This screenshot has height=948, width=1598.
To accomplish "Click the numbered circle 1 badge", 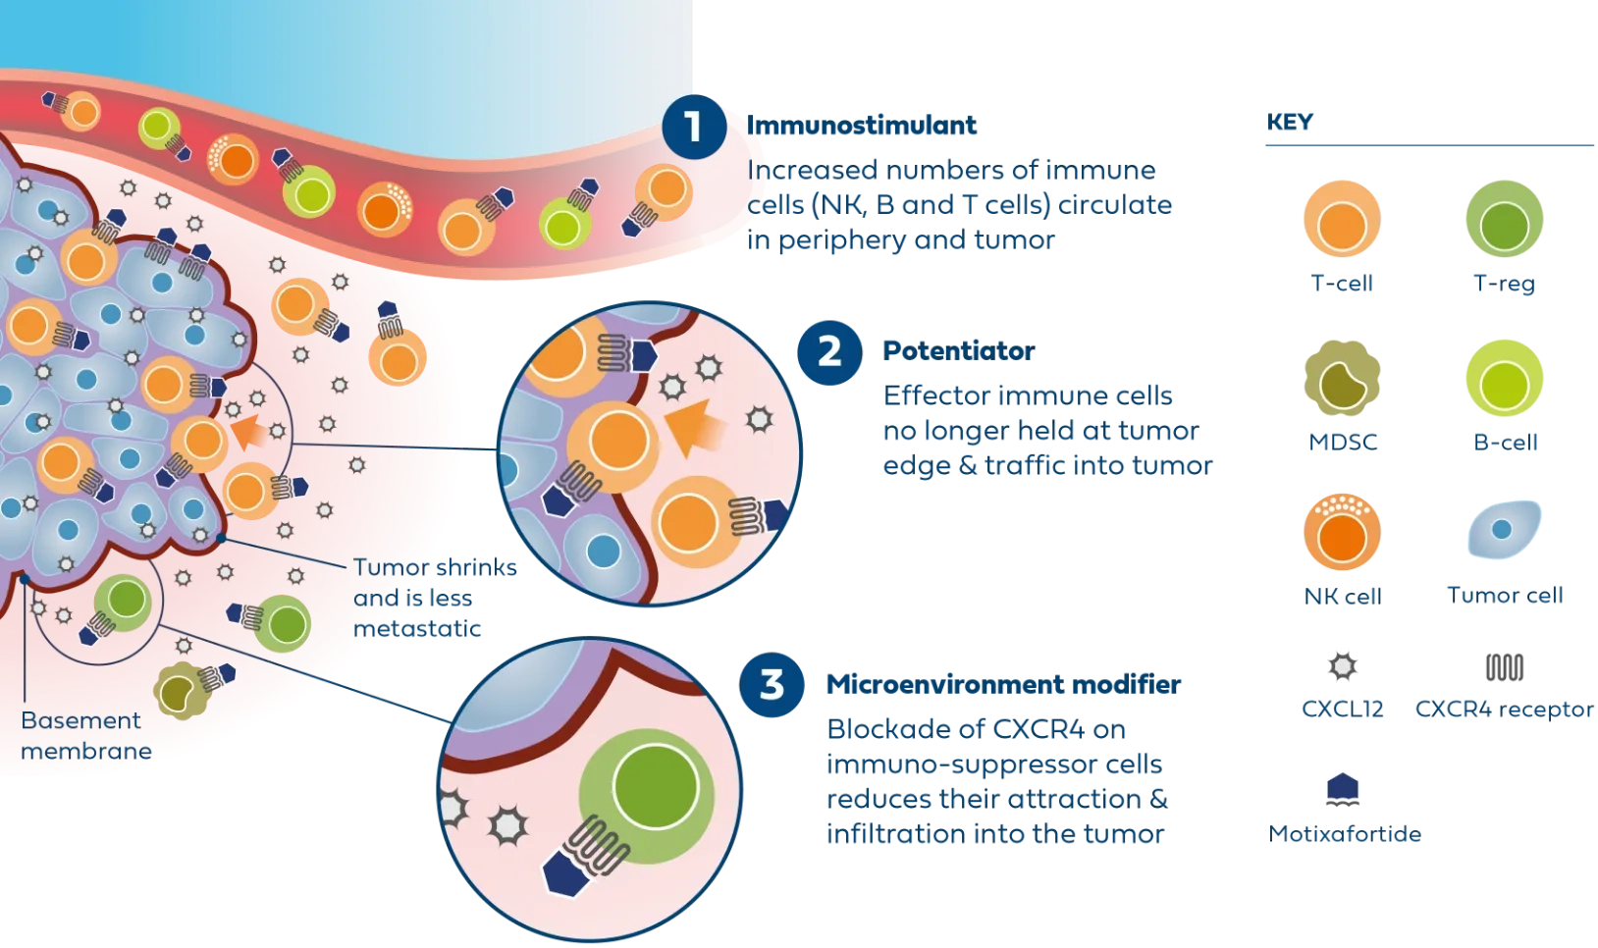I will tap(694, 127).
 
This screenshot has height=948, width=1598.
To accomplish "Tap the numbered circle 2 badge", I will tap(829, 351).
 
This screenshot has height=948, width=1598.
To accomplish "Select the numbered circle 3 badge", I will tap(772, 684).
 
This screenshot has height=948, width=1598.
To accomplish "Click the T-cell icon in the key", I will tap(1341, 220).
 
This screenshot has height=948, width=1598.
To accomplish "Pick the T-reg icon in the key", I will tap(1503, 220).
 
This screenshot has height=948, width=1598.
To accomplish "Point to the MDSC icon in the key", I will tap(1341, 380).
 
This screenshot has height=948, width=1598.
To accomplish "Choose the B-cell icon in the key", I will tap(1503, 379).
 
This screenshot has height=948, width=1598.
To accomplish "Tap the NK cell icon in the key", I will tap(1341, 535).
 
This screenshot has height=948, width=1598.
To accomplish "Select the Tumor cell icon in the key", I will tap(1503, 530).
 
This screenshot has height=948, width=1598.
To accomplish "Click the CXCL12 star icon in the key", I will tap(1343, 666).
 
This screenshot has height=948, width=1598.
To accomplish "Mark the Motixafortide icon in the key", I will tap(1344, 788).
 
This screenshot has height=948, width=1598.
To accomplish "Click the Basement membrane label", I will tap(86, 736).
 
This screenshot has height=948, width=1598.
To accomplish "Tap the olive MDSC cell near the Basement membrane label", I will tap(180, 693).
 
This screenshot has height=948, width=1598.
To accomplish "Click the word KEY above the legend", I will tap(1289, 124).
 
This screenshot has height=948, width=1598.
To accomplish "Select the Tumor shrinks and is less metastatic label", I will tap(432, 597).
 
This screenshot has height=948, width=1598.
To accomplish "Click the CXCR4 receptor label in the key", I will tap(1503, 709).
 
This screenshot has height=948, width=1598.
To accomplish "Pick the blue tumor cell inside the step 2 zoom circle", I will tap(598, 552).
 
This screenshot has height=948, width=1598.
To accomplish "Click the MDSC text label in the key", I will tap(1341, 443).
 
